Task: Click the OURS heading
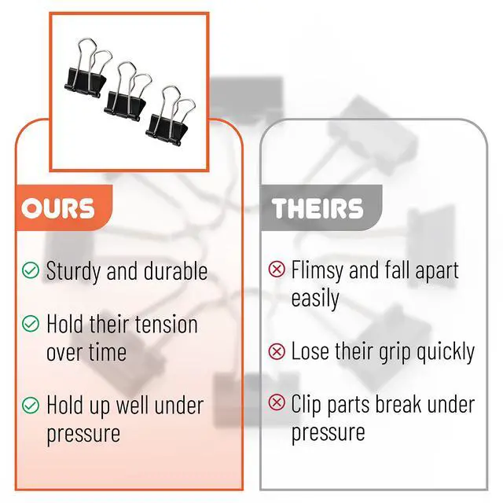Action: (58, 208)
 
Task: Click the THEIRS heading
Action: (318, 208)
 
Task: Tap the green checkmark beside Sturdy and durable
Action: (31, 270)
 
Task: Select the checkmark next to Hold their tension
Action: (31, 323)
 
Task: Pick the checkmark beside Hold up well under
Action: (31, 405)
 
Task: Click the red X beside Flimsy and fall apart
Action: (277, 269)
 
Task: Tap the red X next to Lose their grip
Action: (277, 351)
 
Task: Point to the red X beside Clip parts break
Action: (277, 402)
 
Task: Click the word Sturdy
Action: (74, 272)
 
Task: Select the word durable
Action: (175, 270)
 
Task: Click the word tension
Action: (166, 325)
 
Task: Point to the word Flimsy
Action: (318, 271)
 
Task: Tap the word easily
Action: (315, 299)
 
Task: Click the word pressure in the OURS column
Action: (83, 435)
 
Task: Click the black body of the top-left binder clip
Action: (85, 83)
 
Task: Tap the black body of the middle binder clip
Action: (125, 105)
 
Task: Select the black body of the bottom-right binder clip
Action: (166, 130)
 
